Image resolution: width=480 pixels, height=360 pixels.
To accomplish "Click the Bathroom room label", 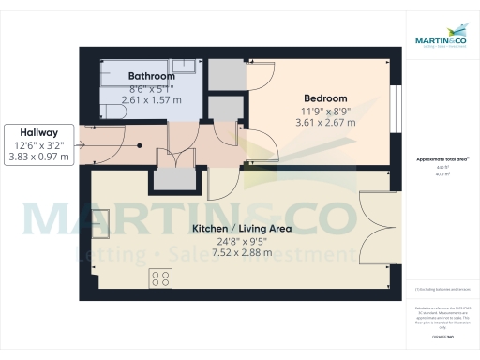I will click(x=151, y=76).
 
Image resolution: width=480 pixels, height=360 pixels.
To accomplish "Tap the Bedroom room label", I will click(x=325, y=98).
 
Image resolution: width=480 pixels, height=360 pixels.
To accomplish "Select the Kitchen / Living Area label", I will click(x=242, y=229).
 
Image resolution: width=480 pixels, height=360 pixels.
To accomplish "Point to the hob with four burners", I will click(x=160, y=277).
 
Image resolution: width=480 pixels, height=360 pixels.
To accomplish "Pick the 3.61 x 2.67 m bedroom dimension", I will click(x=325, y=122).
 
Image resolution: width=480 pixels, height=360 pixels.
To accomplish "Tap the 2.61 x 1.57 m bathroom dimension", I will click(x=151, y=99).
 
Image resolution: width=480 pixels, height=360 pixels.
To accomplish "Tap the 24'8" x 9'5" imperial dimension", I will click(x=241, y=242).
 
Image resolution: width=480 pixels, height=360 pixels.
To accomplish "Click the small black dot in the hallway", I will click(x=141, y=145).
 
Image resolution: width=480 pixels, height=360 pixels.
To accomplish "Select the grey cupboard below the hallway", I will click(x=172, y=179).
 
